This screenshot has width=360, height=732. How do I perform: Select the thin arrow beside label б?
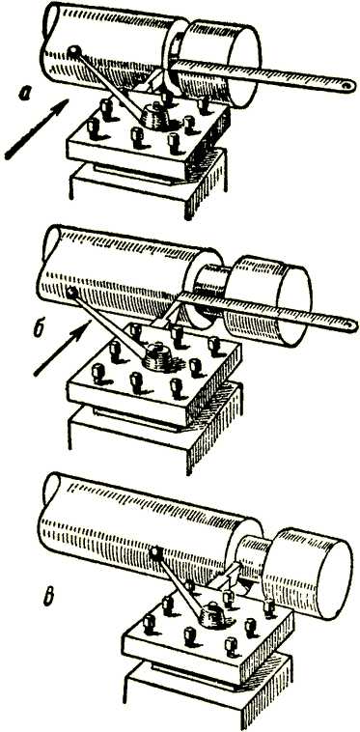tap(62, 348)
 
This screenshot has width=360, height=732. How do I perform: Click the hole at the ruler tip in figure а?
tap(346, 85)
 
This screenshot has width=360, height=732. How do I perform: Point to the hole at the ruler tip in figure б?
tap(348, 323)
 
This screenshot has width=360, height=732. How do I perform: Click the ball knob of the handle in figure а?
tap(74, 50)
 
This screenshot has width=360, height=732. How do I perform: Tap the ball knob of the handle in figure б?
tap(71, 293)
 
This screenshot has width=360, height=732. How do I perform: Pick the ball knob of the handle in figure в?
tap(155, 553)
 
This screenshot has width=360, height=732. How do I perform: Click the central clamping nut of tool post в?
tap(212, 615)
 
